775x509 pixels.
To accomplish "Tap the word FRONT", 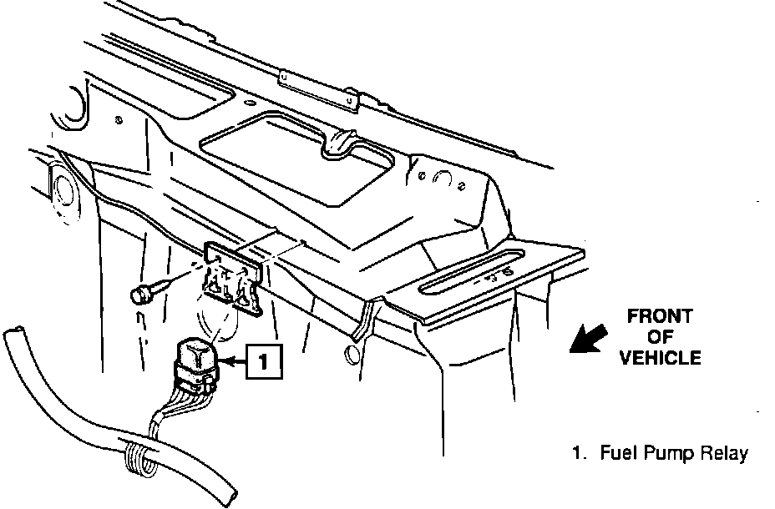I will pos(659,316).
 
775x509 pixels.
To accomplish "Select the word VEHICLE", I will pos(659,358).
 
